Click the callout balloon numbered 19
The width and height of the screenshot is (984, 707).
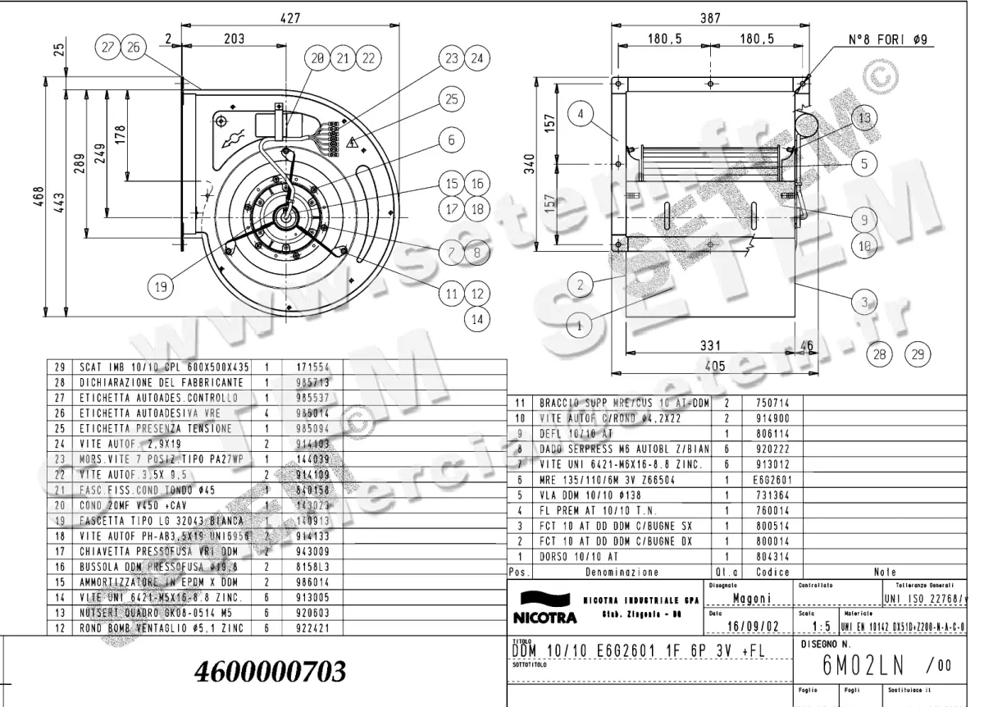coord(161,286)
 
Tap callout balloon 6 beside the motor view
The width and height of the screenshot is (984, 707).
coord(451,140)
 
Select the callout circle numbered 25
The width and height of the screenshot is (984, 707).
coord(451,100)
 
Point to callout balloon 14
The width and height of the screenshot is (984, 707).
coord(478,318)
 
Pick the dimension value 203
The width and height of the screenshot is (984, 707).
coord(234,38)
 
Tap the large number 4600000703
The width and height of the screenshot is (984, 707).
coord(270,672)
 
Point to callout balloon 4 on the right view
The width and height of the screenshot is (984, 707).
coord(581,115)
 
